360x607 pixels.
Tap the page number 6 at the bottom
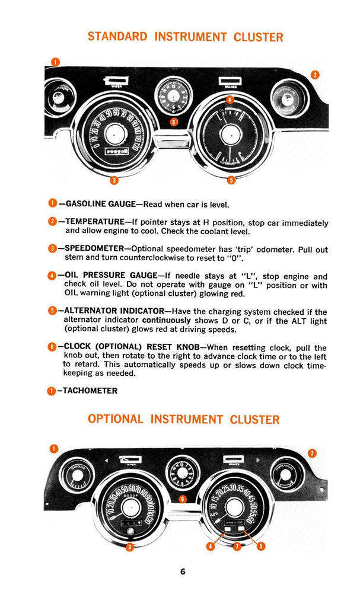[183, 572]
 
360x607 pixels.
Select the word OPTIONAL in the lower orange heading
[116, 419]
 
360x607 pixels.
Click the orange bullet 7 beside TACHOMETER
[50, 391]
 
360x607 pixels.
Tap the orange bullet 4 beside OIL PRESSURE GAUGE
[51, 276]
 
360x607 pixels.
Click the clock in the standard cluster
[172, 94]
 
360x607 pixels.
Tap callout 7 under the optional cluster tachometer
[236, 546]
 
